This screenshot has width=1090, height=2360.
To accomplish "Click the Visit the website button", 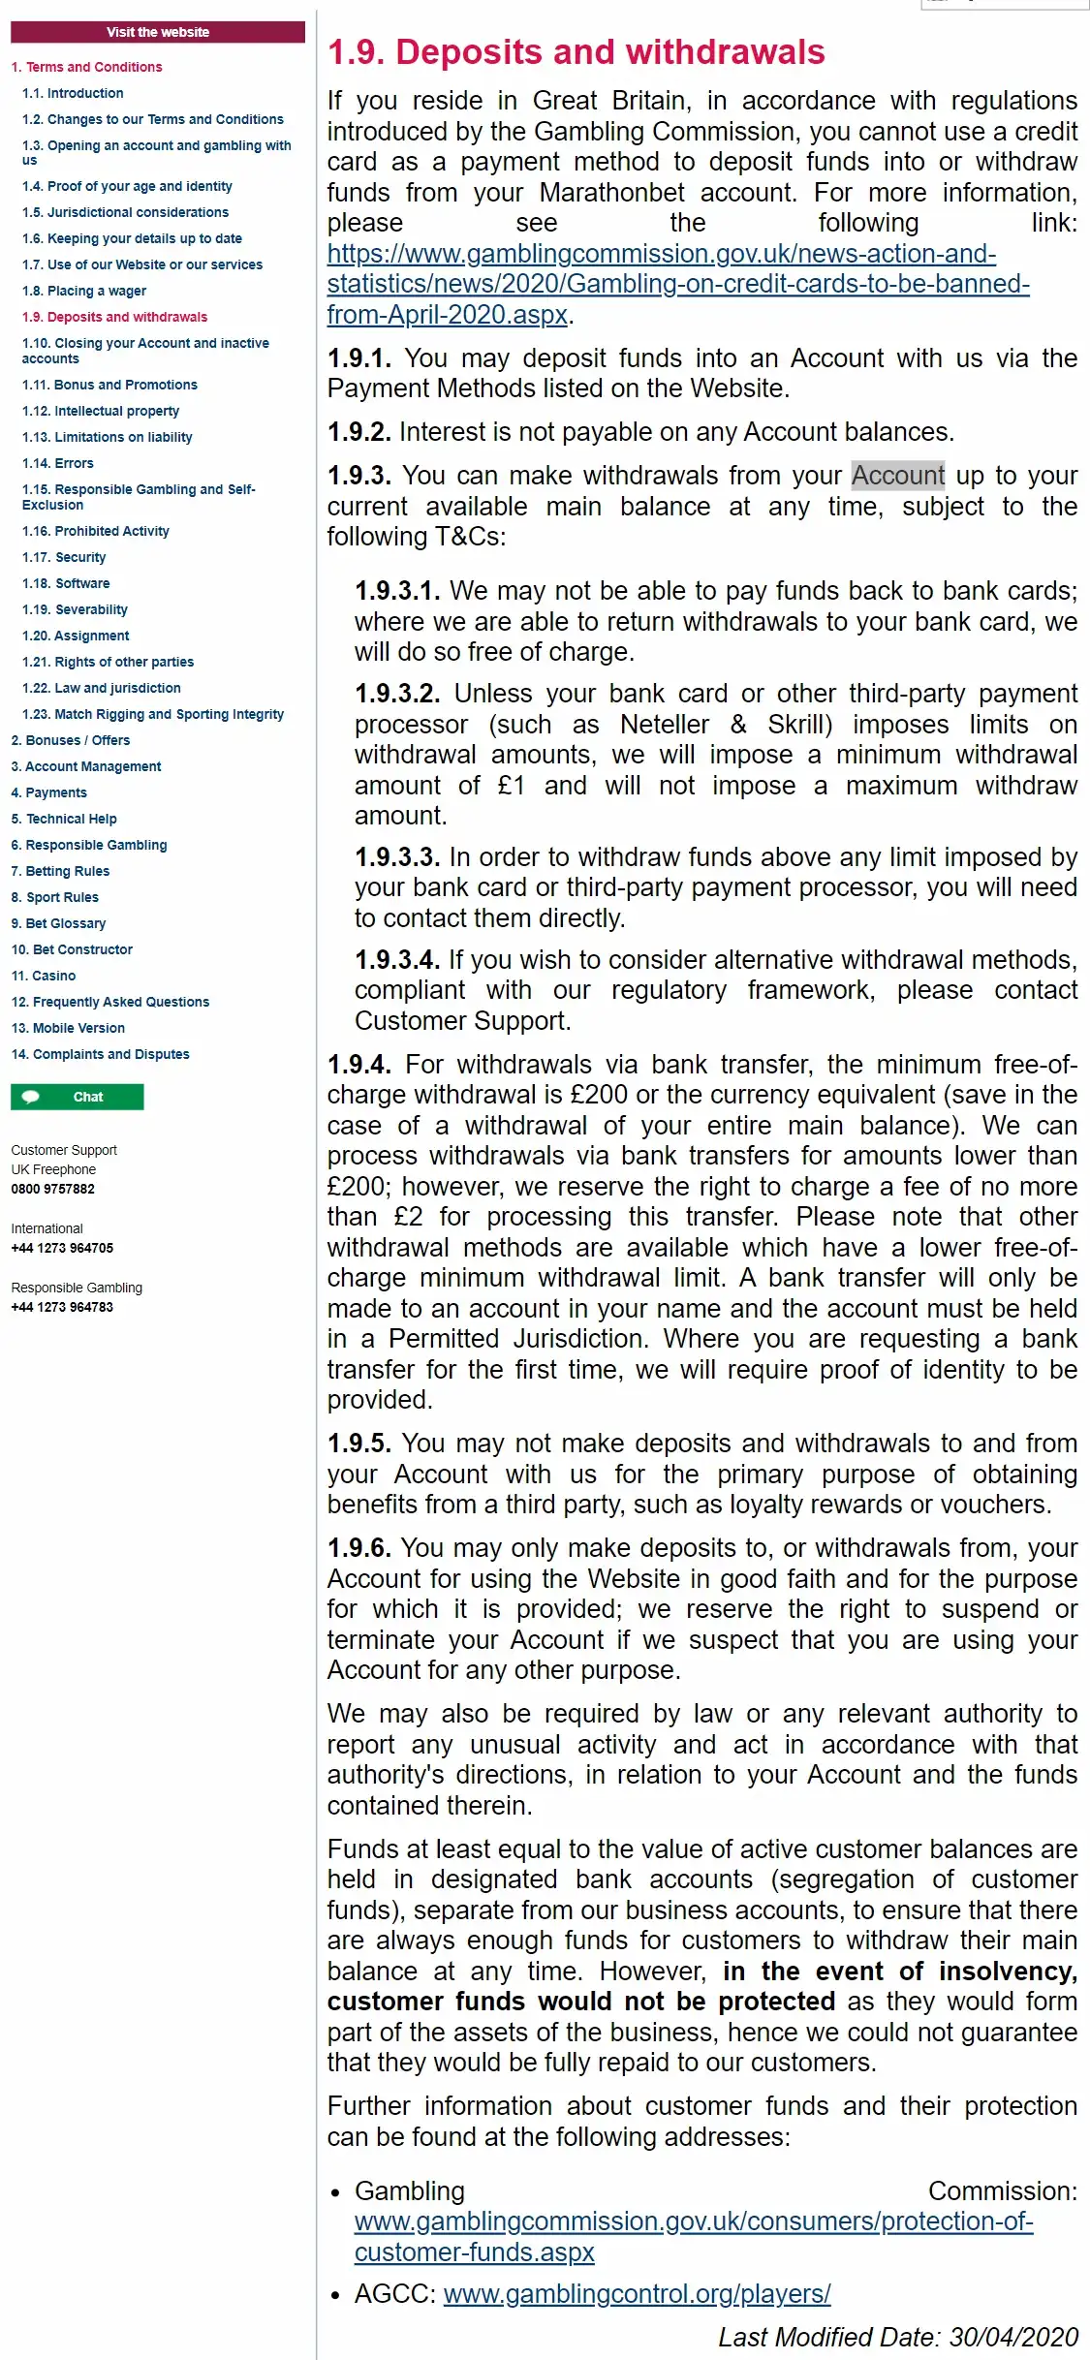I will tap(158, 32).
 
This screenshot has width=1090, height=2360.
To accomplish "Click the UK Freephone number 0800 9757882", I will tap(53, 1189).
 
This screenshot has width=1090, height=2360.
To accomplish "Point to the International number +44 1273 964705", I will tap(62, 1248).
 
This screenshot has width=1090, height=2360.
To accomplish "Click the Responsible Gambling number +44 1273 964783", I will tap(62, 1307).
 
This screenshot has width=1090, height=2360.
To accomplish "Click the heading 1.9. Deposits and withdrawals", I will tap(576, 52).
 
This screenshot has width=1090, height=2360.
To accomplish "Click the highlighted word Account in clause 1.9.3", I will tap(897, 476).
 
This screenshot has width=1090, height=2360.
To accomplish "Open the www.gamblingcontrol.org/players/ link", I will tap(637, 2294).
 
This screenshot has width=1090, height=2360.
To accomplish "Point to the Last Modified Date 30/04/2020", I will tap(898, 2337).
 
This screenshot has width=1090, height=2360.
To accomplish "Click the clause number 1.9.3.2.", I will tap(397, 694).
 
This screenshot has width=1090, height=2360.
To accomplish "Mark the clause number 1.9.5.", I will tap(358, 1444).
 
